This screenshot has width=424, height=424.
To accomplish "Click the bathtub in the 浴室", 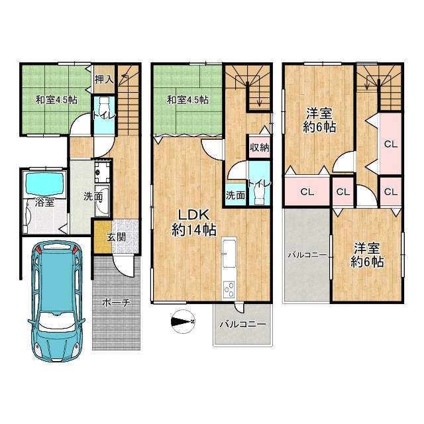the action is click(46, 184).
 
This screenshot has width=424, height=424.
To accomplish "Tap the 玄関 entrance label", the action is click(117, 237).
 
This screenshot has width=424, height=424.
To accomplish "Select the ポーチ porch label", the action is click(117, 303).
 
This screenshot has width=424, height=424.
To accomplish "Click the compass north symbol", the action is click(183, 321).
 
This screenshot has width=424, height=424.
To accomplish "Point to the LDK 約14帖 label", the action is click(194, 223).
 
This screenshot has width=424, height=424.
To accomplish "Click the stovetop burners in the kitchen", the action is click(229, 290).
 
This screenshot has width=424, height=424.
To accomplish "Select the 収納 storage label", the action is click(259, 147).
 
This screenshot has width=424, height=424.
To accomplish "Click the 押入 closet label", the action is click(104, 79).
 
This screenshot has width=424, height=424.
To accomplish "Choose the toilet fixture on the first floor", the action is click(105, 107).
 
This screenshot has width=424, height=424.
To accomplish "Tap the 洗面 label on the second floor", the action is click(235, 195).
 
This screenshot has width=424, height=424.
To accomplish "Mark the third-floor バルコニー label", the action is click(307, 254).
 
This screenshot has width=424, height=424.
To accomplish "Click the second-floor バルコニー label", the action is click(242, 324).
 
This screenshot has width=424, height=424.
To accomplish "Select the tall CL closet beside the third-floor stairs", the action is click(390, 144).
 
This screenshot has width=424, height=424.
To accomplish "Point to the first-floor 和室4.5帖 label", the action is click(56, 100).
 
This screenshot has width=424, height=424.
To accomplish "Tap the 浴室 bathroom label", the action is click(44, 202).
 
